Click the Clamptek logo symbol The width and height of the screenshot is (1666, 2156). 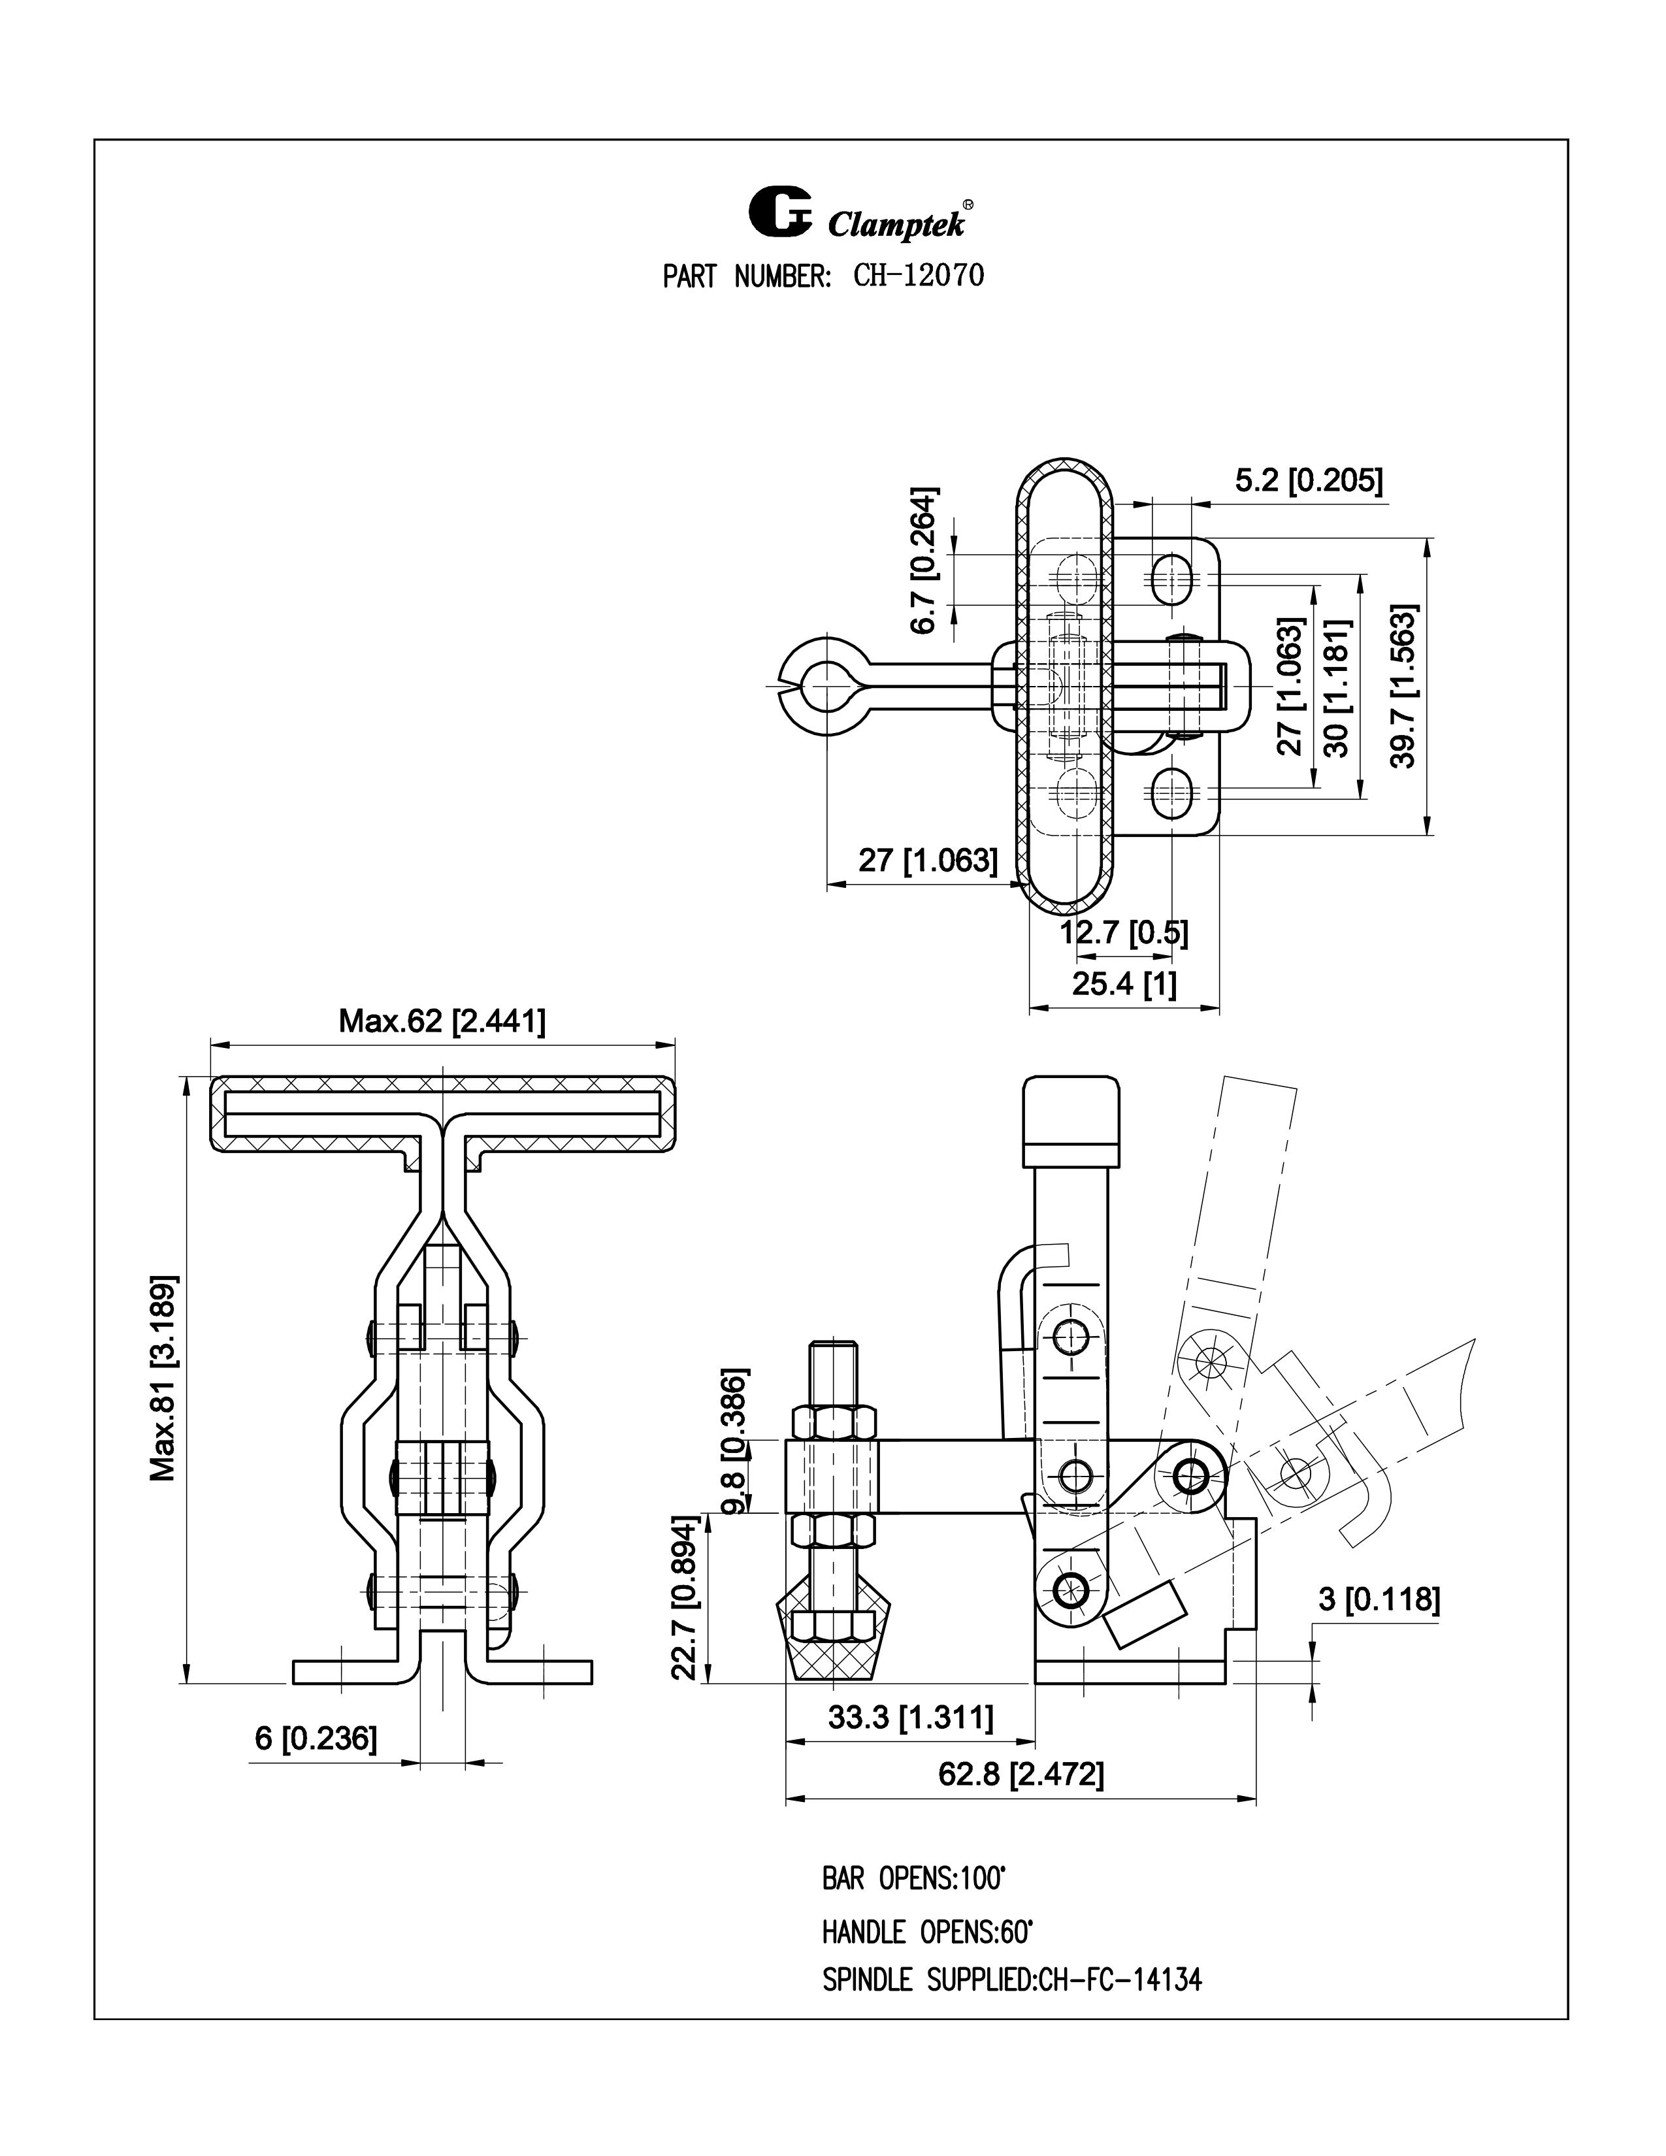tap(779, 210)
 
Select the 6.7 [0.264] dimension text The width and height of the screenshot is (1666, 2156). tap(924, 560)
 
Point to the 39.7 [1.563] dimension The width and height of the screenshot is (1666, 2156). tap(1403, 685)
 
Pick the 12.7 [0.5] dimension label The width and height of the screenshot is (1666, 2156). tap(1124, 932)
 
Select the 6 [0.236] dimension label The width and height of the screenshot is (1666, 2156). tap(316, 1737)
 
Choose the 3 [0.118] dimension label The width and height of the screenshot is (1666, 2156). tap(1379, 1598)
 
